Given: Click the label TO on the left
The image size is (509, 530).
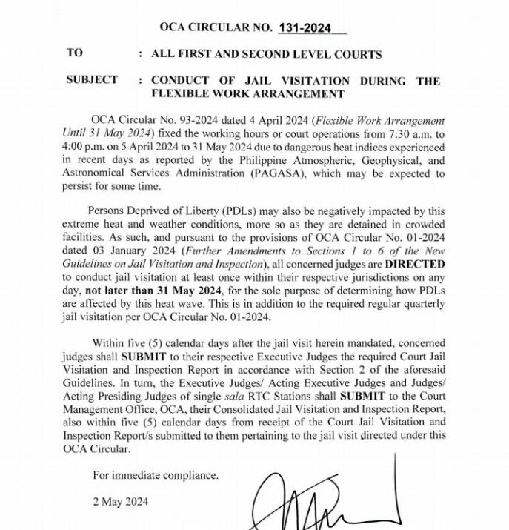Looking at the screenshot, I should click(75, 53).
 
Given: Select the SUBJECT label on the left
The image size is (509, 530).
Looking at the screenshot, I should click(92, 80).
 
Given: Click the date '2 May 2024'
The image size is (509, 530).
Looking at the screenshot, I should click(120, 501).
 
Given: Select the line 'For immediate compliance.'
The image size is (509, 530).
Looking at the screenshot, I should click(156, 475).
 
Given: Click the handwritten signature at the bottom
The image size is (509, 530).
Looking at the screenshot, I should click(326, 497).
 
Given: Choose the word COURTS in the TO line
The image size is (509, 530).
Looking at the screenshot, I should click(356, 54).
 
